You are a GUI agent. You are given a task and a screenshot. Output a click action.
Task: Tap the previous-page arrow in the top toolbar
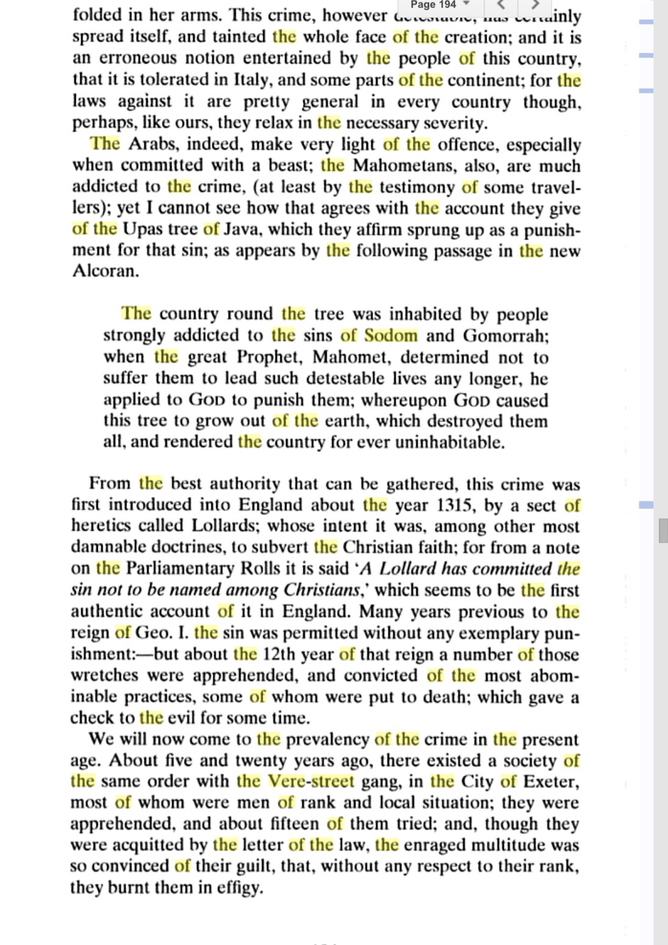tap(501, 5)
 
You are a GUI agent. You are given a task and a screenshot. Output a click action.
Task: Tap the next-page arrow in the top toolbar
tap(535, 5)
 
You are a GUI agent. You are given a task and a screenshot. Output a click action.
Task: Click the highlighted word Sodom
tap(391, 335)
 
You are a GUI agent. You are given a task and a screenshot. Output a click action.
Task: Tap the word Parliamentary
tap(181, 568)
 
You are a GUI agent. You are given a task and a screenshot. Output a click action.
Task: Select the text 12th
tap(279, 654)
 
